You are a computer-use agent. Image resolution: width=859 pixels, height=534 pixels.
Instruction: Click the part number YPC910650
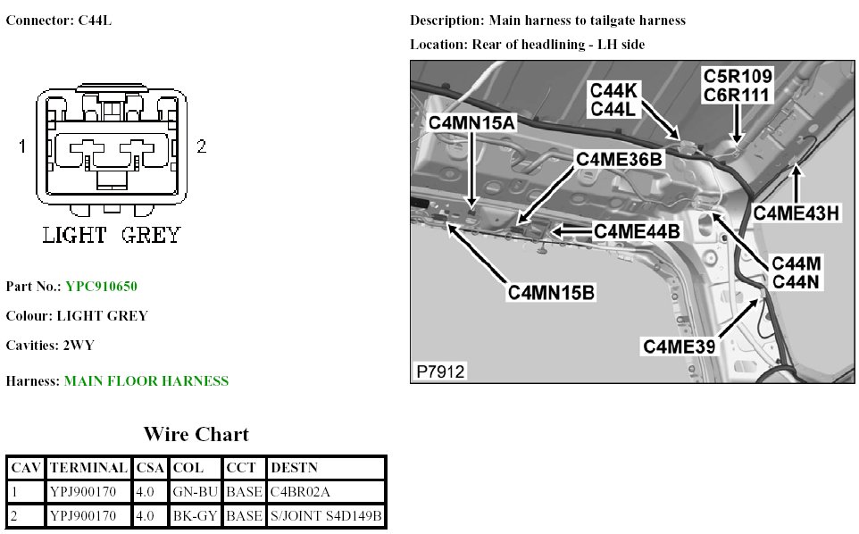pyautogui.click(x=101, y=287)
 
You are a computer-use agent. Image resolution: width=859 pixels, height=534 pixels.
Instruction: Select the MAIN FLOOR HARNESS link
pyautogui.click(x=146, y=381)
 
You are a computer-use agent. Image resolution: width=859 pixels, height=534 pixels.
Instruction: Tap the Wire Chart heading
pyautogui.click(x=196, y=435)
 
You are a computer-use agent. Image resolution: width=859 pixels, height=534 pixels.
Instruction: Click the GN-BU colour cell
pyautogui.click(x=195, y=492)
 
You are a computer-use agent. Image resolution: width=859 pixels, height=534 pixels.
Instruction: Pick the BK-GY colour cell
pyautogui.click(x=195, y=516)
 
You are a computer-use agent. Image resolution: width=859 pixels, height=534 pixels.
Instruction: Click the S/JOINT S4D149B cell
pyautogui.click(x=325, y=516)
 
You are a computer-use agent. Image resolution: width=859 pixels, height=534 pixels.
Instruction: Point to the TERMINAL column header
pyautogui.click(x=88, y=468)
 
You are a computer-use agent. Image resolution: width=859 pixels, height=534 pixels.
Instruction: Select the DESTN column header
pyautogui.click(x=293, y=468)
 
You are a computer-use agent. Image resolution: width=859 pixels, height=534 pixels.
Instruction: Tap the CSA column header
pyautogui.click(x=149, y=468)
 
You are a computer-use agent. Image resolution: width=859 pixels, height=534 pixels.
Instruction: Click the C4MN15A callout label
pyautogui.click(x=472, y=123)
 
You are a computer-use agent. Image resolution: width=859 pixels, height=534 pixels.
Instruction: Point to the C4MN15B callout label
pyautogui.click(x=551, y=292)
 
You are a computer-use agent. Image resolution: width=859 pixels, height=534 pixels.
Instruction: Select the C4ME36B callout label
pyautogui.click(x=619, y=159)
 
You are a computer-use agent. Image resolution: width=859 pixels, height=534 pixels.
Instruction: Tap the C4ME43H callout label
pyautogui.click(x=796, y=213)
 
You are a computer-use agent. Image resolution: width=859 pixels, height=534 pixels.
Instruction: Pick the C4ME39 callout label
pyautogui.click(x=679, y=346)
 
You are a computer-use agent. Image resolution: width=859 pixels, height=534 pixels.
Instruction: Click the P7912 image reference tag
pyautogui.click(x=439, y=371)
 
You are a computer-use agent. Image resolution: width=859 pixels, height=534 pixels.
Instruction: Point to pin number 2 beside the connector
pyautogui.click(x=202, y=146)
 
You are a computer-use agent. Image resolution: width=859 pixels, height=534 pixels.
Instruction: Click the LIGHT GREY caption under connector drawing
pyautogui.click(x=112, y=236)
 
